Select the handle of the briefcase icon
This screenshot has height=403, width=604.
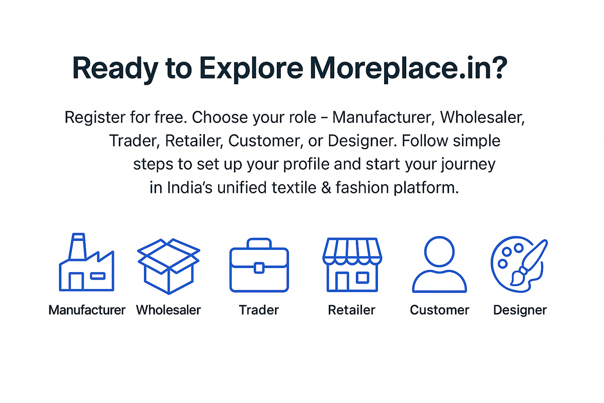coord(259,244)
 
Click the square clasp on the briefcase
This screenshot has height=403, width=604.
coord(259,267)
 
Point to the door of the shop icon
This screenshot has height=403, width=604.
coord(342,281)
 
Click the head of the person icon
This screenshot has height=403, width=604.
coord(439,251)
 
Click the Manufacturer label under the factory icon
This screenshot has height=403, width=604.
coord(87,309)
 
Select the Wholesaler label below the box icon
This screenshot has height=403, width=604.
coord(169,309)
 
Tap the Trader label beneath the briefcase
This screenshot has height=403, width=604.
coord(259,309)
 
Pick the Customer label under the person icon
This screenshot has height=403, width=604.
coord(439,309)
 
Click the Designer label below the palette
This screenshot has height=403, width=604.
coord(519,309)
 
